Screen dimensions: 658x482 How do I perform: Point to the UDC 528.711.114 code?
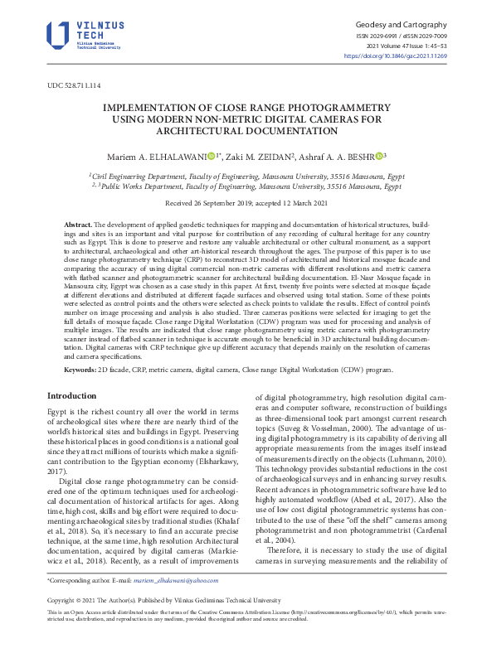(x=74, y=86)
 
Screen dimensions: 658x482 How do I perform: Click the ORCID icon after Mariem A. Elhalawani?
(x=211, y=155)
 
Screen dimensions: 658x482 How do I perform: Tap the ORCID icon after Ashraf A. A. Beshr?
(x=379, y=155)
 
